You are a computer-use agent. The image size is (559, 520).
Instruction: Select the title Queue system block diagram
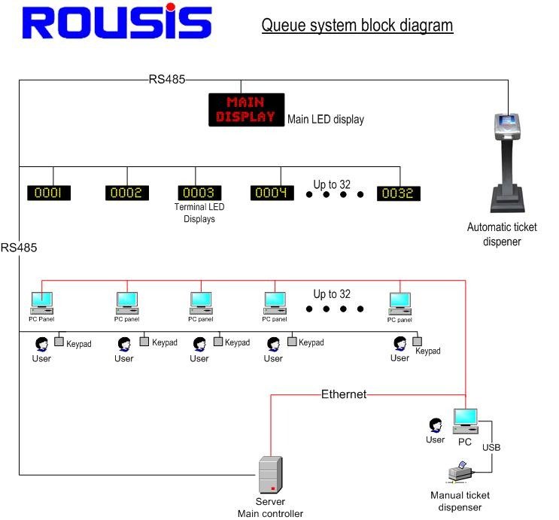tap(357, 26)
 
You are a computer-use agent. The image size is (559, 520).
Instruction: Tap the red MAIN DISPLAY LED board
tap(246, 109)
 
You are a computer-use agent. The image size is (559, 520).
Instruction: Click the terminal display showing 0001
tap(49, 193)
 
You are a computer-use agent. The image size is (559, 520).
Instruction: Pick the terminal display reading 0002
tap(126, 193)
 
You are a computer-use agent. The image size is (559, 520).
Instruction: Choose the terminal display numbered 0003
tap(199, 193)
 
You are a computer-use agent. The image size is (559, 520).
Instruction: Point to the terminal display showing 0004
tap(272, 193)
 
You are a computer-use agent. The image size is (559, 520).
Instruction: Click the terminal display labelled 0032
tap(398, 193)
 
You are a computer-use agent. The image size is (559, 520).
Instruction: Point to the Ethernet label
tap(344, 394)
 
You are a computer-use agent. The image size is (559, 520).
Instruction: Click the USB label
tap(491, 447)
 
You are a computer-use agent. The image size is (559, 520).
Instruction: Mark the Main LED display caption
tap(325, 119)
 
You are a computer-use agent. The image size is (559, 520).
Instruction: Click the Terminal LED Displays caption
tap(194, 213)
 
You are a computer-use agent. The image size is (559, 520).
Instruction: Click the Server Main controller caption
tap(270, 508)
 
